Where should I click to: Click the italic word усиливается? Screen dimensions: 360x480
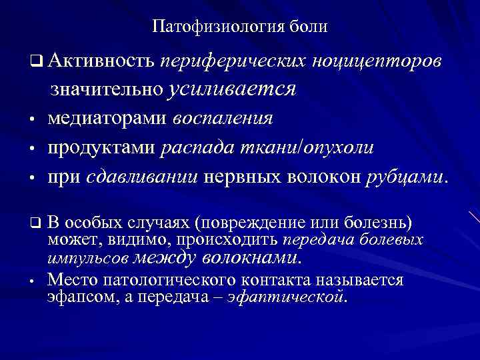point(233,89)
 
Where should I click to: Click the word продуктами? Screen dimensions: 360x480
point(102,148)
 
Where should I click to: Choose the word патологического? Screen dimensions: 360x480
point(177,279)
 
